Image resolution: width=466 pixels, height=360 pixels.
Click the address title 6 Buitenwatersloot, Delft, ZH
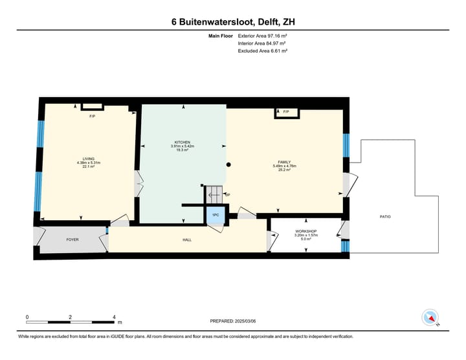pos(234,22)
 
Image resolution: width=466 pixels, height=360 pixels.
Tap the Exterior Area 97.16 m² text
pos(261,36)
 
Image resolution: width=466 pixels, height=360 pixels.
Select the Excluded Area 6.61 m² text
pos(261,51)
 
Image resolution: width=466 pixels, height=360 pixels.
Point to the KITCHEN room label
pos(183,142)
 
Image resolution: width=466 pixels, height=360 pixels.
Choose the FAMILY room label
pos(283,163)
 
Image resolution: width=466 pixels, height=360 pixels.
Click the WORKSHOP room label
pos(305,231)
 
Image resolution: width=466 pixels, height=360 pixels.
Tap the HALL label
pos(186,240)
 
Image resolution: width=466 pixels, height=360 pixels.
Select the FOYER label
pos(72,240)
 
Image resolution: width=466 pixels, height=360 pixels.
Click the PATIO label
pos(385,216)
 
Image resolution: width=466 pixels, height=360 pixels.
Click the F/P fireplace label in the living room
pos(92,116)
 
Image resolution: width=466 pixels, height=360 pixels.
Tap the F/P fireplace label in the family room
pos(286,112)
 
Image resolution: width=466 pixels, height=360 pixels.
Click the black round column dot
pos(228,165)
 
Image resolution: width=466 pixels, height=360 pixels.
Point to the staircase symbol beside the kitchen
pos(214,192)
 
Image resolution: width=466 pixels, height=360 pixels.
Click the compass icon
pos(430,318)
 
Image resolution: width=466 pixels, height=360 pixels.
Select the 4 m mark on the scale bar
pos(114,317)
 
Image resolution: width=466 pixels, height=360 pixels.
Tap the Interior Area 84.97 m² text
pos(261,43)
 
